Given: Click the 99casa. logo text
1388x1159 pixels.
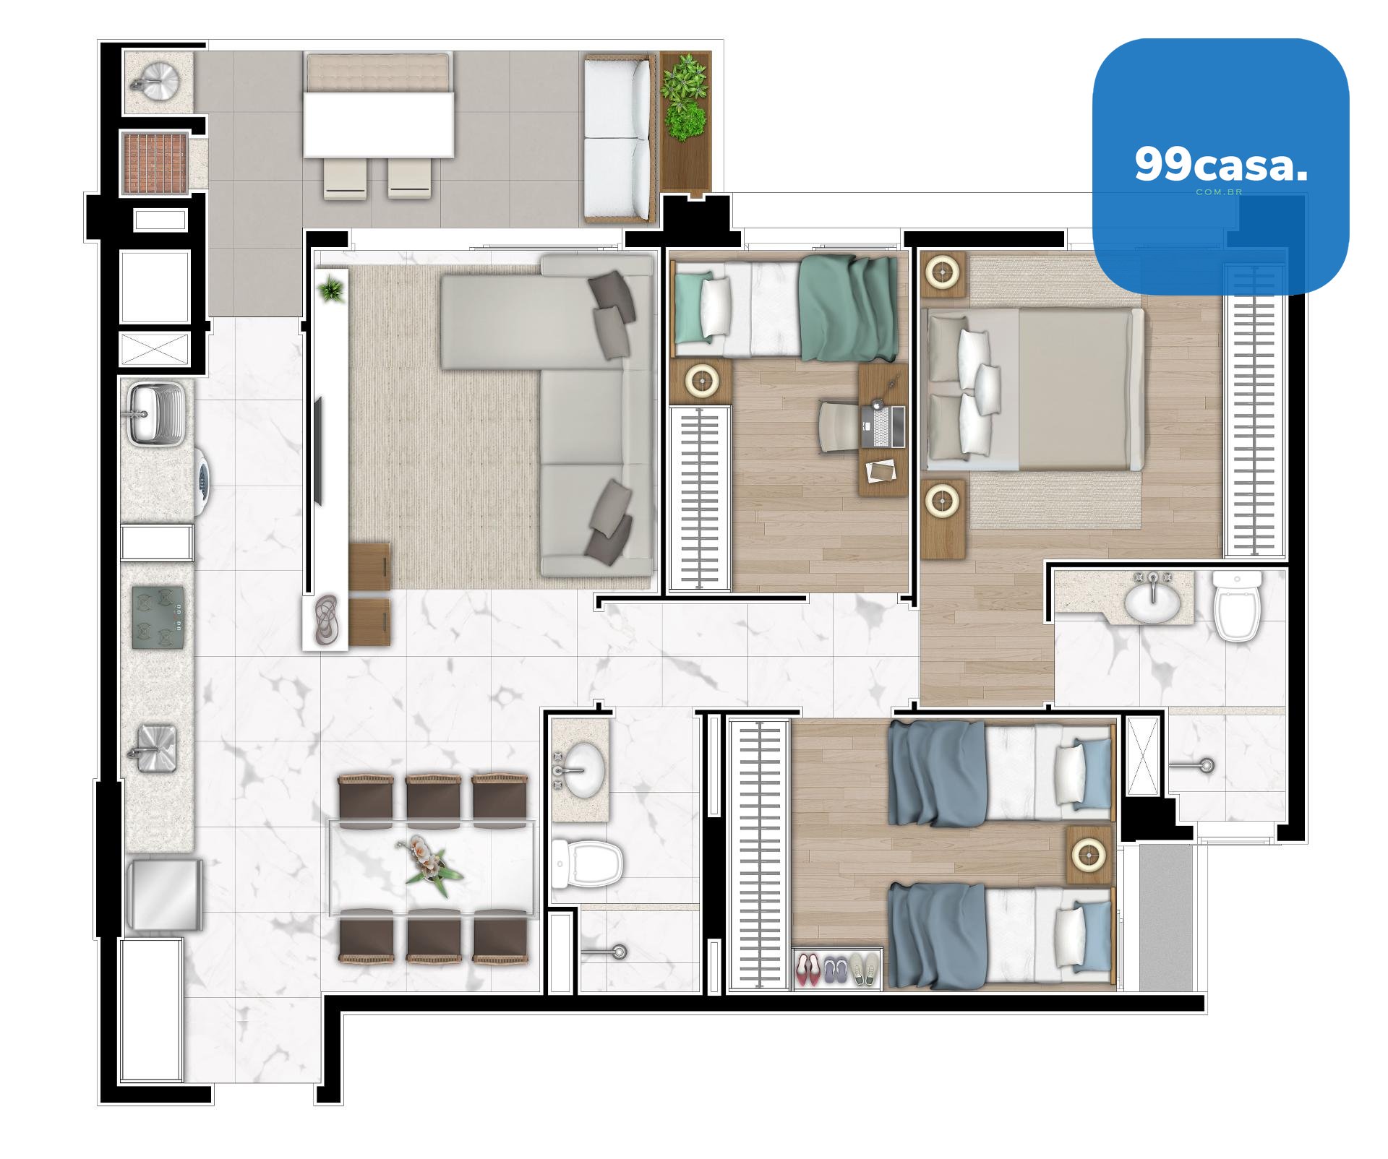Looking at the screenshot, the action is tap(1221, 165).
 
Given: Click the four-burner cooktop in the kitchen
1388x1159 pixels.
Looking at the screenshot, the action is tap(158, 617).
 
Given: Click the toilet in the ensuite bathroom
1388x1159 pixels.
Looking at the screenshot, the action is tap(1237, 606).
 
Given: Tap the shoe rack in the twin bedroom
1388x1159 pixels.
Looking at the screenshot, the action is tap(837, 968).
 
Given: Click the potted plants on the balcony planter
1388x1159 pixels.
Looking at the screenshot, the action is tap(684, 100).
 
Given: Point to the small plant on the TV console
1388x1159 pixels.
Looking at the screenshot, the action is tap(332, 290).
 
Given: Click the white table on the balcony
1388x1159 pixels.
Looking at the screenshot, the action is tap(378, 124).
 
